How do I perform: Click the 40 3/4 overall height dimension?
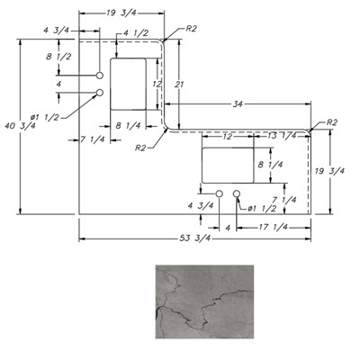[x=20, y=126]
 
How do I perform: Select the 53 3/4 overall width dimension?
[x=195, y=238]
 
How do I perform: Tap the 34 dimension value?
[x=238, y=104]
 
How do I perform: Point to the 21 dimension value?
[x=179, y=85]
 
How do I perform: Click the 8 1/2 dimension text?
[x=58, y=57]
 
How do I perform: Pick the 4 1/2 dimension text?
[x=136, y=33]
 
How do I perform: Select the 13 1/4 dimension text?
[x=282, y=136]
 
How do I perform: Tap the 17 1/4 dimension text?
[x=273, y=227]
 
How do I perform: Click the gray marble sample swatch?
[x=204, y=301]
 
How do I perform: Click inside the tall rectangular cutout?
[x=128, y=85]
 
